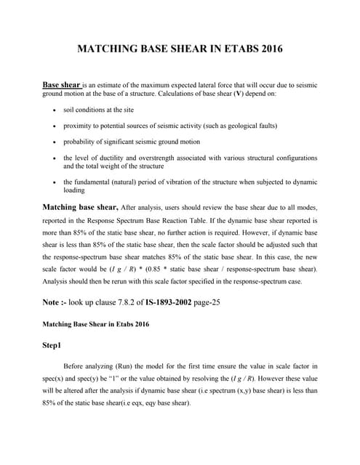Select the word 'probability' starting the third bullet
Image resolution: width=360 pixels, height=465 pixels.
coord(79,142)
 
